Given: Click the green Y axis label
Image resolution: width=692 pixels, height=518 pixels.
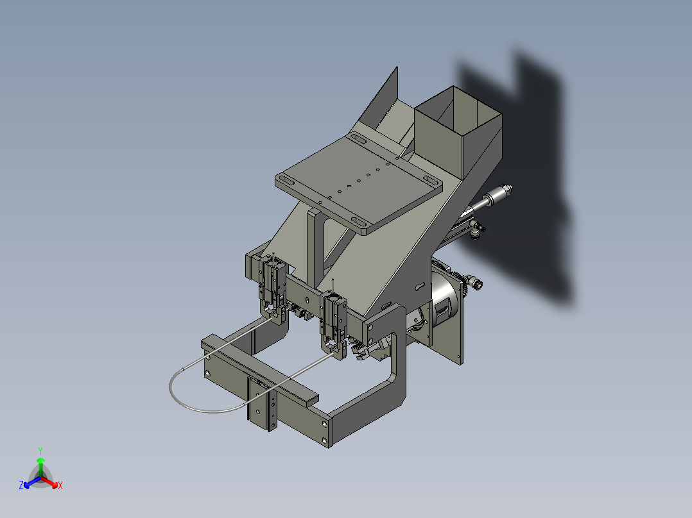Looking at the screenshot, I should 40,450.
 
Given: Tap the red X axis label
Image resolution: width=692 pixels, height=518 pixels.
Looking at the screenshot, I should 60,486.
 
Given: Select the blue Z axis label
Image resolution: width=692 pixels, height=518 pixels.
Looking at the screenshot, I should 21,486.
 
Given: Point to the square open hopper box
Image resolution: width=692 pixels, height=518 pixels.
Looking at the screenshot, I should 456,131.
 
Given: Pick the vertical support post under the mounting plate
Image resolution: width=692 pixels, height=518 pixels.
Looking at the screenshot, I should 315,250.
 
